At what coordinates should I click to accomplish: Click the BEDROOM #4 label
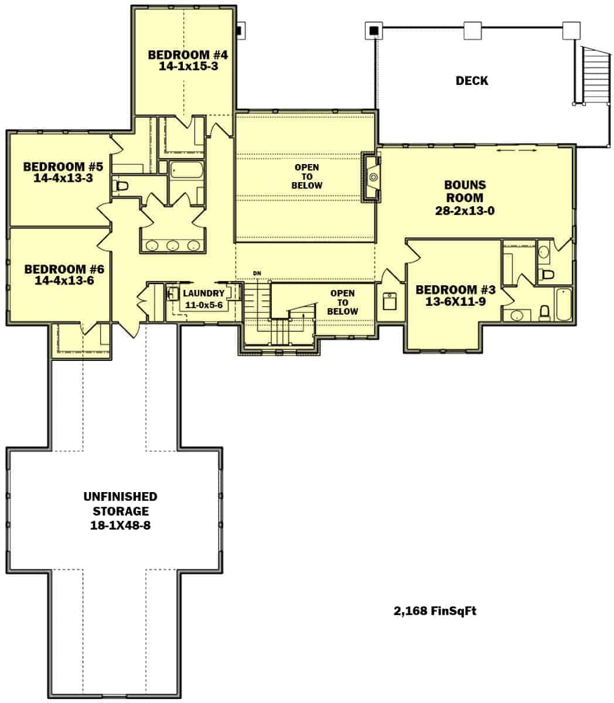click(x=187, y=55)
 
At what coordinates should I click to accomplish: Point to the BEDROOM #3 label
click(x=455, y=290)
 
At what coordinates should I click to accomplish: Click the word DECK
click(x=472, y=81)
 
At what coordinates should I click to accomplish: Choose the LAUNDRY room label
click(x=203, y=294)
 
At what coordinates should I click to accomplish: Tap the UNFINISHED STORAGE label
click(x=120, y=504)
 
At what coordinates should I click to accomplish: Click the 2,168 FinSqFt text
click(x=434, y=612)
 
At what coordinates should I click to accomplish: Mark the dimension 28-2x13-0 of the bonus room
click(x=465, y=211)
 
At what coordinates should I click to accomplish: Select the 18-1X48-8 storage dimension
click(x=120, y=525)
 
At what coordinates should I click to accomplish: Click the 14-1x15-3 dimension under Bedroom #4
click(x=187, y=66)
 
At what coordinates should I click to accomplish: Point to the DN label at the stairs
click(x=256, y=274)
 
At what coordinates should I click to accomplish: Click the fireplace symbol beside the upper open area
click(x=371, y=176)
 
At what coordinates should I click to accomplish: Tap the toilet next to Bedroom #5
click(x=121, y=186)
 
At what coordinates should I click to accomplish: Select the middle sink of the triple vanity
click(x=172, y=245)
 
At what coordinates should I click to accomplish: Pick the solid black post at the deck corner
click(x=373, y=30)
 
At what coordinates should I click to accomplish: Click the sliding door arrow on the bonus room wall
click(x=516, y=151)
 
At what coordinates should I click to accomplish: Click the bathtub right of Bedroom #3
click(x=563, y=304)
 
